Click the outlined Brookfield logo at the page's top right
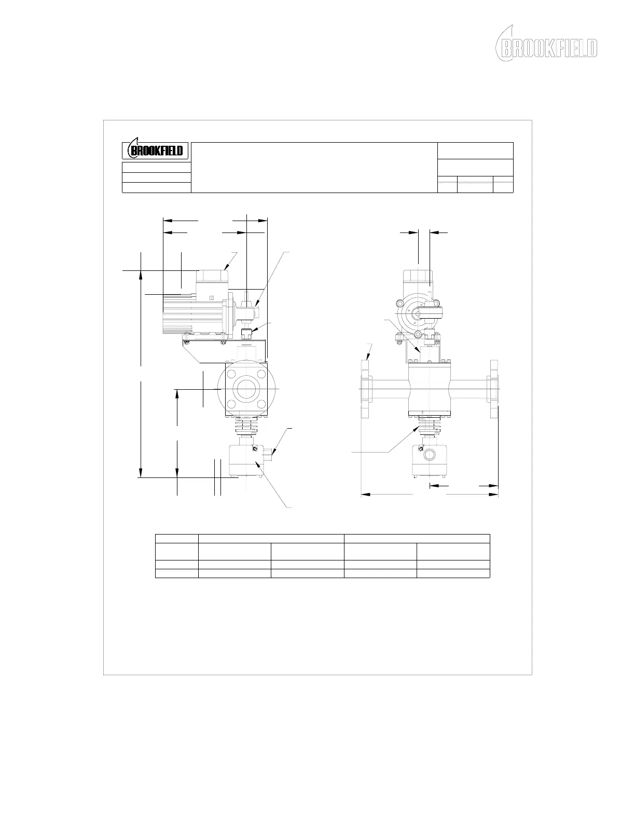[546, 44]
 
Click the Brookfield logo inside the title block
[155, 150]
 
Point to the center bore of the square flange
[246, 389]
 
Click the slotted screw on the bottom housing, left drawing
[254, 448]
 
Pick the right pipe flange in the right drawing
[493, 389]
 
